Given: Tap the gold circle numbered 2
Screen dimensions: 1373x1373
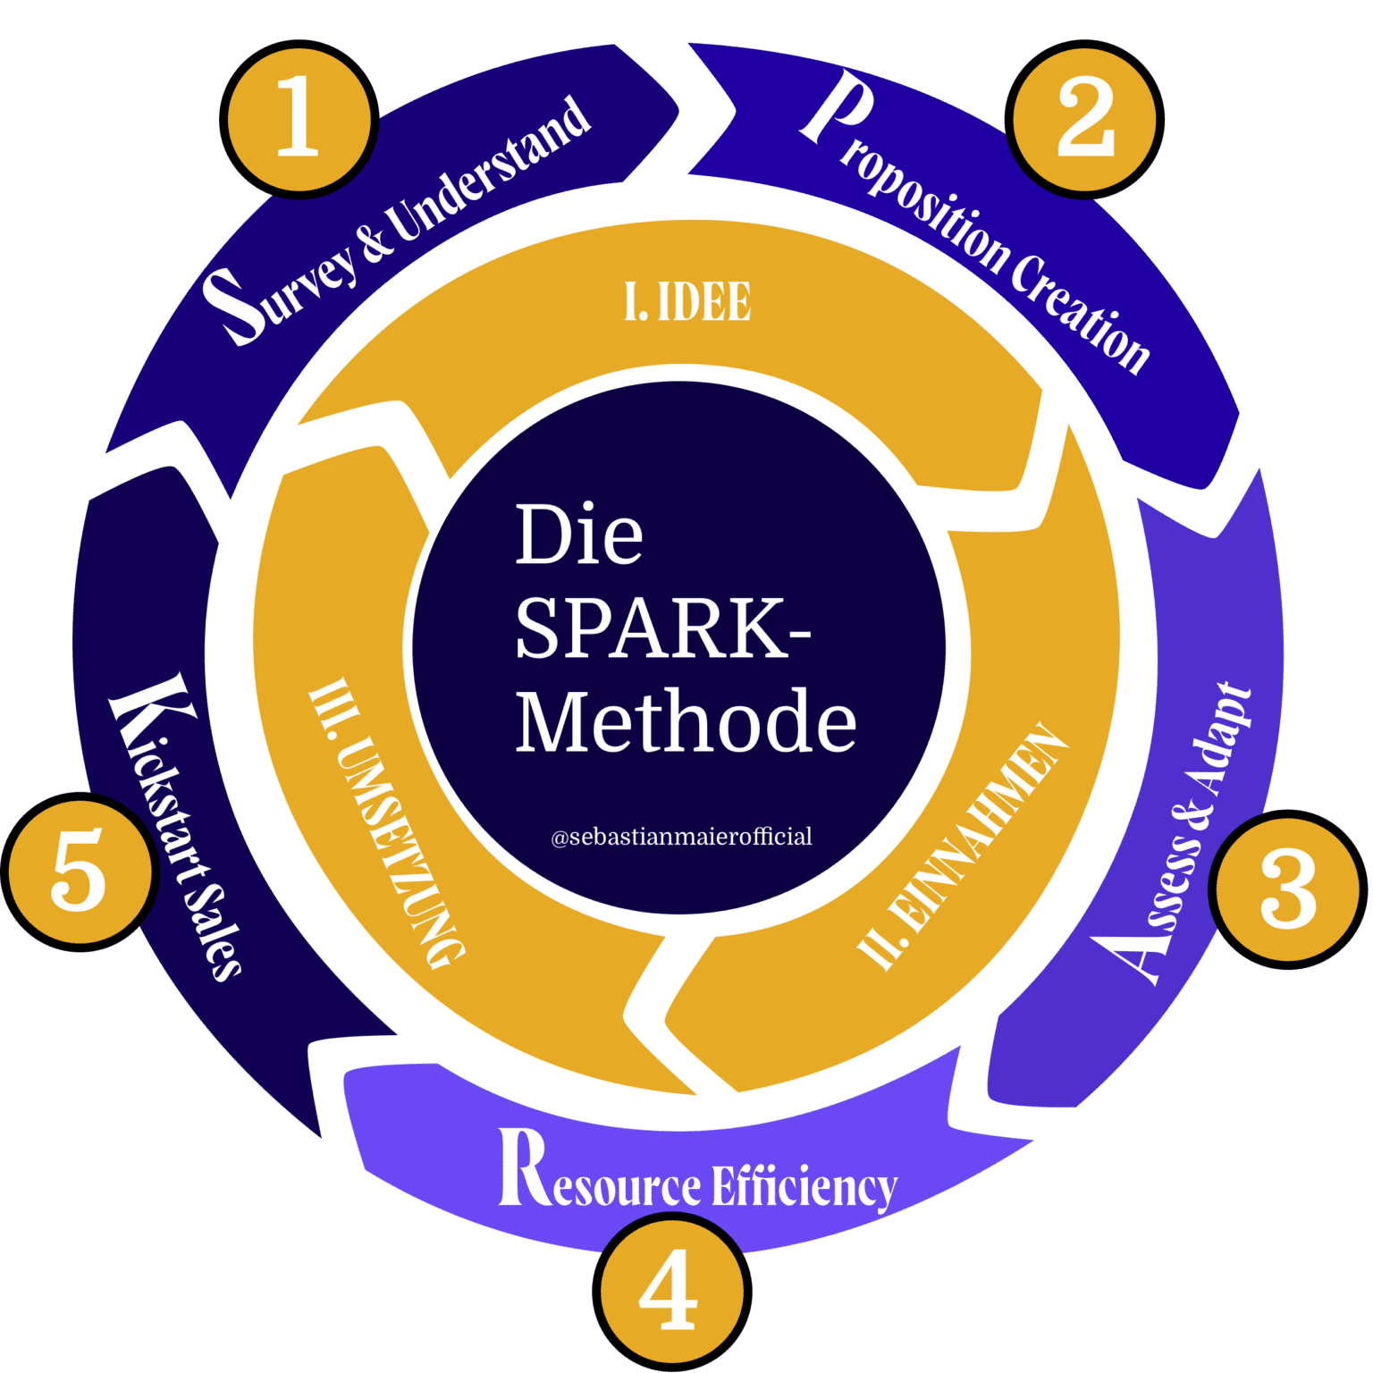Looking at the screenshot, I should click(1085, 119).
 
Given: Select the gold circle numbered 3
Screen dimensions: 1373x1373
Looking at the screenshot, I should click(1288, 889).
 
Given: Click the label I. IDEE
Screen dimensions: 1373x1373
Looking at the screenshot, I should click(687, 302).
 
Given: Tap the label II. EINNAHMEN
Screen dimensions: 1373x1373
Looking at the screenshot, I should click(964, 846).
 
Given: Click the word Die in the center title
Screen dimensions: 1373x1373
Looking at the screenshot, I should click(578, 535).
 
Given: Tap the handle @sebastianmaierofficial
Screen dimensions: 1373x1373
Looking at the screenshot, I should click(681, 838).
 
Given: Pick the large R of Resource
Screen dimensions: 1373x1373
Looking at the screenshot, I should click(523, 1167).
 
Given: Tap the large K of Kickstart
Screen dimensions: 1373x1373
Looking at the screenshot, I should click(149, 710).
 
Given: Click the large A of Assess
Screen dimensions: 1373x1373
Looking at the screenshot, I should click(1130, 956).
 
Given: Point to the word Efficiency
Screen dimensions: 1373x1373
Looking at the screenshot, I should click(804, 1187).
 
